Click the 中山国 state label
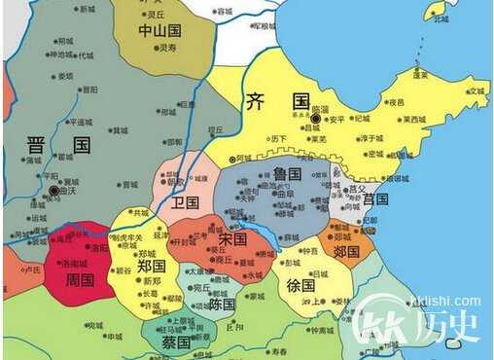coord(159,30)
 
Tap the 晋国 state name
coord(58,147)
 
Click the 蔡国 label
coord(176,342)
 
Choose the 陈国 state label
coord(222,304)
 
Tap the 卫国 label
coord(185,203)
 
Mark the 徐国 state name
coord(300,286)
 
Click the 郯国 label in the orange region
coord(346,250)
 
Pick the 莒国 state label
coord(375,198)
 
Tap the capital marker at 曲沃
coord(54,192)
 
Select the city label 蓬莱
coord(420,74)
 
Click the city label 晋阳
coord(89,89)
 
